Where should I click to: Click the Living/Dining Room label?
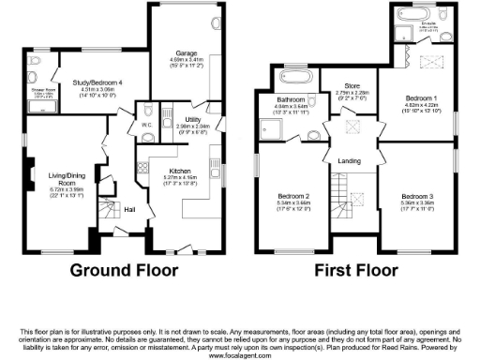[57, 176]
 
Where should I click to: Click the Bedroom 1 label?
[417, 97]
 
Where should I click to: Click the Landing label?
[349, 161]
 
